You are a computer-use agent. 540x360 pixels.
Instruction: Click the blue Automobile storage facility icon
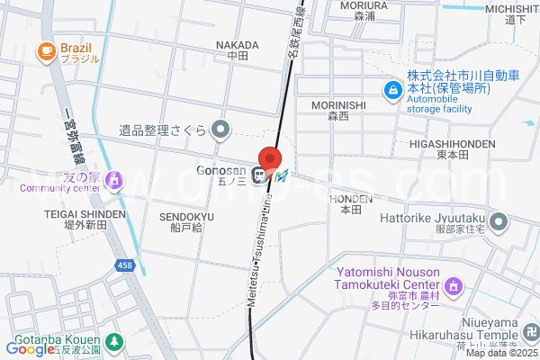click(x=392, y=90)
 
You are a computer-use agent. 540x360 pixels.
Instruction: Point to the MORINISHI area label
click(x=338, y=105)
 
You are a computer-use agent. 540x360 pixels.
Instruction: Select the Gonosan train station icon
click(x=260, y=175)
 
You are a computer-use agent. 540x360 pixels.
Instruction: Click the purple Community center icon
click(x=113, y=182)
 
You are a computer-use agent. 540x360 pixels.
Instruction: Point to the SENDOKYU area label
click(x=186, y=217)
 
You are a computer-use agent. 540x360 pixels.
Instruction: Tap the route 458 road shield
click(x=127, y=265)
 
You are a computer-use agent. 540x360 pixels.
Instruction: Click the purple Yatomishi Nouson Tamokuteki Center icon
click(x=454, y=288)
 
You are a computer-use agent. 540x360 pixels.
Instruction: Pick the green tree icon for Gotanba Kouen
click(x=113, y=342)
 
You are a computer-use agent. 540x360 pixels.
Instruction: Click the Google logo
click(x=29, y=348)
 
